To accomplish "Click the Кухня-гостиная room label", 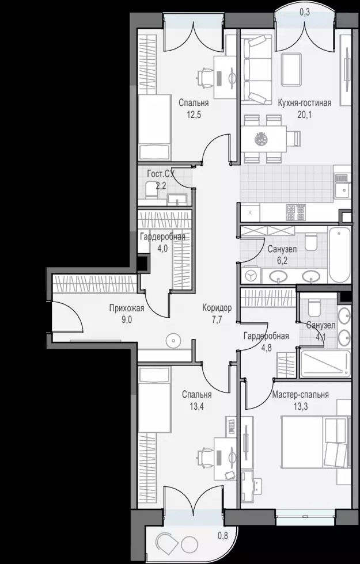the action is (304, 103).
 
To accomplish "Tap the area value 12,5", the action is (194, 115).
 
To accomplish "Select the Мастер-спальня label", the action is (300, 395).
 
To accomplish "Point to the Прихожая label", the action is (127, 308).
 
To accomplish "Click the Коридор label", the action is (217, 308).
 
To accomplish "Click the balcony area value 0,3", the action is (305, 12).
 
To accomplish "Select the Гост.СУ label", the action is (161, 174).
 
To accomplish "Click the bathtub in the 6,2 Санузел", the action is (339, 254).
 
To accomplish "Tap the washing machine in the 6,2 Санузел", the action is (251, 276).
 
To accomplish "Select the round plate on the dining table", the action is (260, 139).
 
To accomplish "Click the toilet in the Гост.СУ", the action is (150, 190).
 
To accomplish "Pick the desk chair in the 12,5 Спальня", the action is (205, 77).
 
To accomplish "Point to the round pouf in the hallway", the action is (173, 340).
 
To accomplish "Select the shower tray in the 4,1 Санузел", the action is (325, 364).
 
